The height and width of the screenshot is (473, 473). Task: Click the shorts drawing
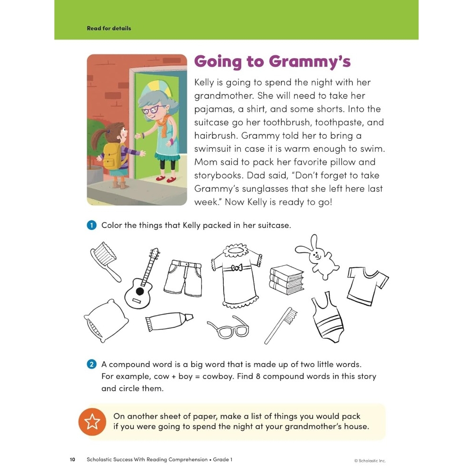(x=183, y=277)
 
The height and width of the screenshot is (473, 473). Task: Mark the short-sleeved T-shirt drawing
(x=367, y=284)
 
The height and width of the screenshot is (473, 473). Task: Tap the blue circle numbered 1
(x=92, y=225)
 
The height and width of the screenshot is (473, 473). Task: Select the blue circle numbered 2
(x=92, y=364)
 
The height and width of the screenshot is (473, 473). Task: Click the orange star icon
(x=92, y=421)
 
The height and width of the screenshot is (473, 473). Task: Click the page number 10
(x=72, y=459)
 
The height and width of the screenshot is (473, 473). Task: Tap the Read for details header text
(x=109, y=28)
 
